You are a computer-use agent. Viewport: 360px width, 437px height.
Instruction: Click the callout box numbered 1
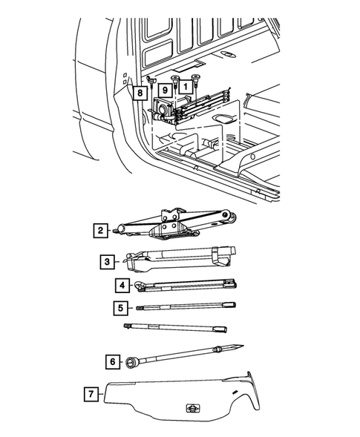point(186,86)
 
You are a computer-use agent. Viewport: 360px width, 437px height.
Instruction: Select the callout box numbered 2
point(100,231)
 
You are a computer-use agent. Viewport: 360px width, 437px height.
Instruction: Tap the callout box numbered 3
point(108,262)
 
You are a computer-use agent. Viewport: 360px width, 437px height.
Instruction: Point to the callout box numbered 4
point(122,286)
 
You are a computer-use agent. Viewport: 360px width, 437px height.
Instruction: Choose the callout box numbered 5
point(121,308)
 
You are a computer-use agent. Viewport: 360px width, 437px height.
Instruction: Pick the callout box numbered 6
point(113,362)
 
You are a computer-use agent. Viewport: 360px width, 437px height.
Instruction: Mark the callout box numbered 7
point(91,394)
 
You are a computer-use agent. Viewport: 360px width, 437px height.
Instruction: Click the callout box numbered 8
point(140,93)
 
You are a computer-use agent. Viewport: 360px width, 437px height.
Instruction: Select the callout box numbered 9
point(165,90)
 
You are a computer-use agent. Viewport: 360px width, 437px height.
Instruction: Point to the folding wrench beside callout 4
point(186,286)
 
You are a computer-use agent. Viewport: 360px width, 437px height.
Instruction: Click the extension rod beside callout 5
point(186,306)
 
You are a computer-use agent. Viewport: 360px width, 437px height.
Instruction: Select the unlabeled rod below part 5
point(175,328)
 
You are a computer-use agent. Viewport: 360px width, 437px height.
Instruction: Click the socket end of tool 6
point(131,362)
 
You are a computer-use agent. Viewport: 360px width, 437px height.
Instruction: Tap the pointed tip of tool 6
point(243,346)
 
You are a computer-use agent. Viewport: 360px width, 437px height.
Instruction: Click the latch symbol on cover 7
point(193,408)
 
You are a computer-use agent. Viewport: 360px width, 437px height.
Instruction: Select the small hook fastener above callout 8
point(151,81)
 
